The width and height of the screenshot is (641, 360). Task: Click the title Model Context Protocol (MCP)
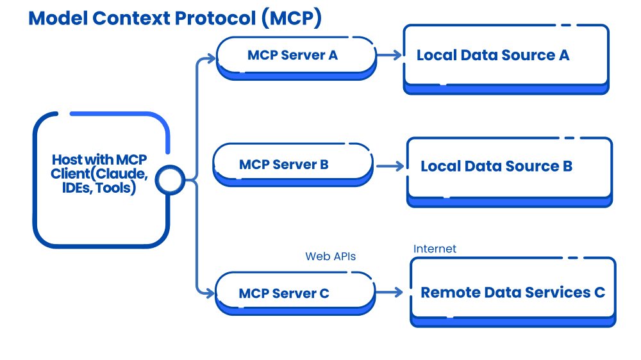[175, 18]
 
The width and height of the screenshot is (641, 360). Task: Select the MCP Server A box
[296, 56]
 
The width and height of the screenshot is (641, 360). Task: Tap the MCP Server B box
[292, 165]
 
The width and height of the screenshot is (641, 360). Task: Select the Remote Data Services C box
[512, 293]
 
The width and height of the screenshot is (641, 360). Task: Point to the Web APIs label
[330, 256]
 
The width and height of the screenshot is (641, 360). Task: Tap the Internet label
[435, 249]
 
